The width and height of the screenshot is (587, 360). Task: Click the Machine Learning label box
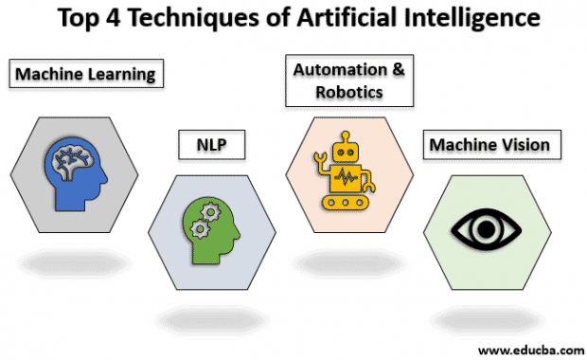click(x=83, y=72)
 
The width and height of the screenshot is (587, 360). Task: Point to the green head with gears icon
click(x=211, y=228)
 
